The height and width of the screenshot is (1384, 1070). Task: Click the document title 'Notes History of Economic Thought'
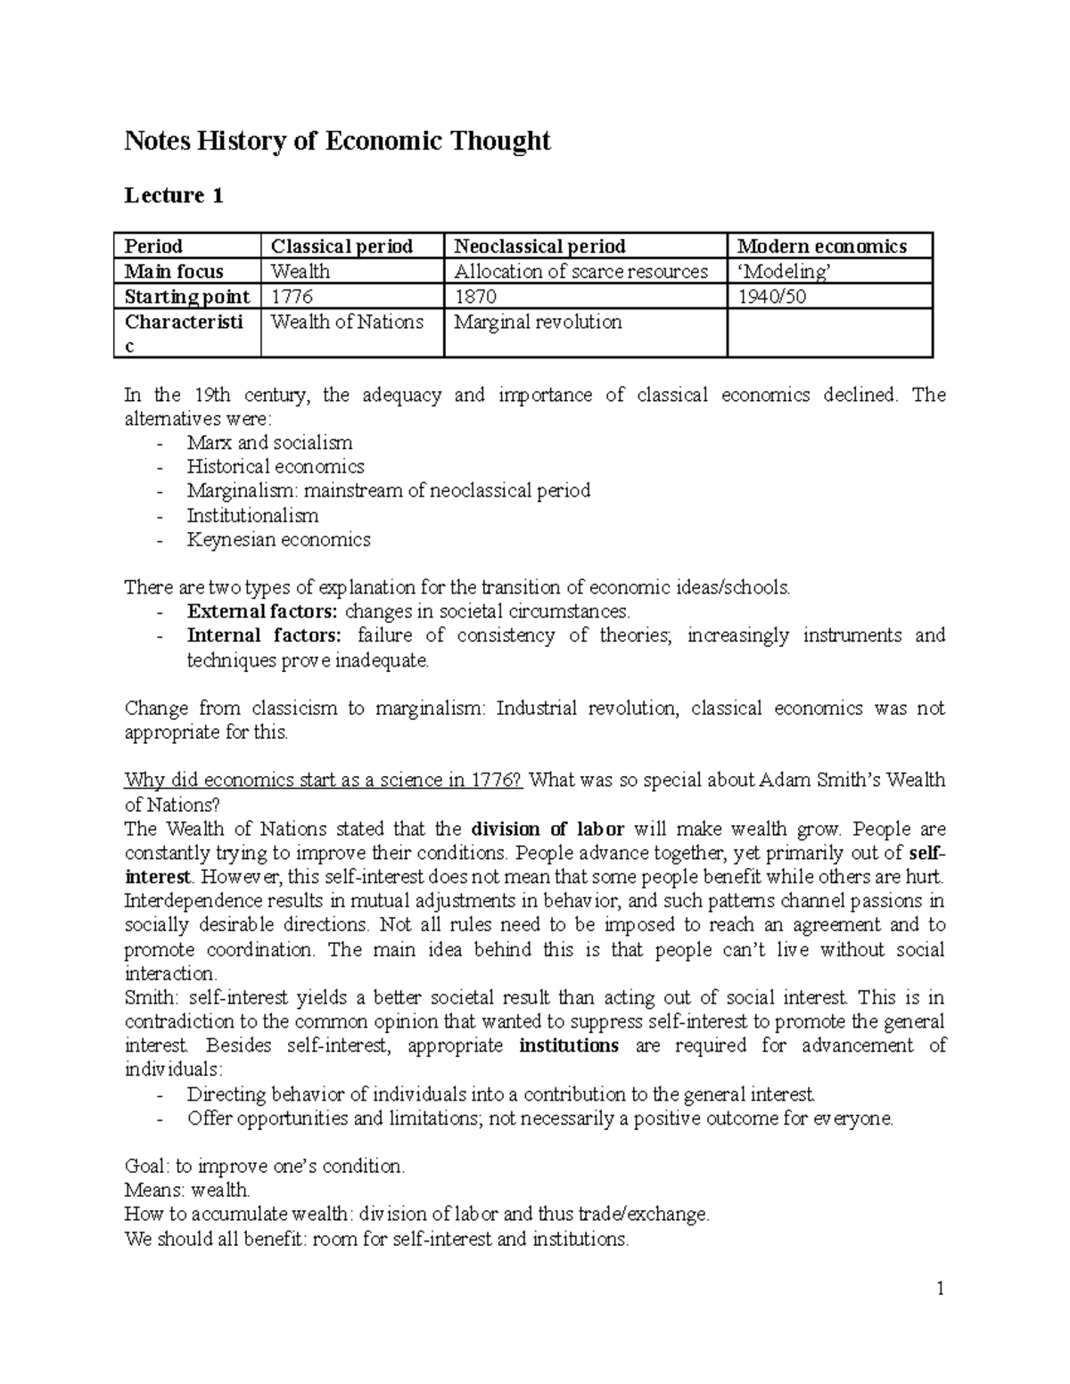tap(337, 141)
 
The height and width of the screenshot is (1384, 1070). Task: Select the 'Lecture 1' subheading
tap(173, 195)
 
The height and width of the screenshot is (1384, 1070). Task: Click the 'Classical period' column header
tap(342, 246)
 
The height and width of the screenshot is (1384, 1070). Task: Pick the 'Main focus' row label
tap(174, 271)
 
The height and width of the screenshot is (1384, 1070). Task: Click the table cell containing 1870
tap(475, 297)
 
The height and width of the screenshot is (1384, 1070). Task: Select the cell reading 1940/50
tap(768, 297)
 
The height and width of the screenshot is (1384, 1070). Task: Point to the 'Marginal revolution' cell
tap(538, 322)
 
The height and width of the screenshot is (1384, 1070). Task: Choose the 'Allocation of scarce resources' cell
tap(580, 271)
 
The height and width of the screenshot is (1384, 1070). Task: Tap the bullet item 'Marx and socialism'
tap(269, 443)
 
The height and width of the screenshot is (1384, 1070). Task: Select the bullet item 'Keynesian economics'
tap(278, 539)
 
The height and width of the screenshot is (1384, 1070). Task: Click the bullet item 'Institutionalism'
tap(252, 515)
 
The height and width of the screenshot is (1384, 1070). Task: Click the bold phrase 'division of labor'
tap(547, 829)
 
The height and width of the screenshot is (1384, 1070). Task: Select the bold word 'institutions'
tap(569, 1045)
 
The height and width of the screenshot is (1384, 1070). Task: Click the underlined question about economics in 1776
tap(323, 780)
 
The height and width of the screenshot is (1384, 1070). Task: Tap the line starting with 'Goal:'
tap(264, 1166)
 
